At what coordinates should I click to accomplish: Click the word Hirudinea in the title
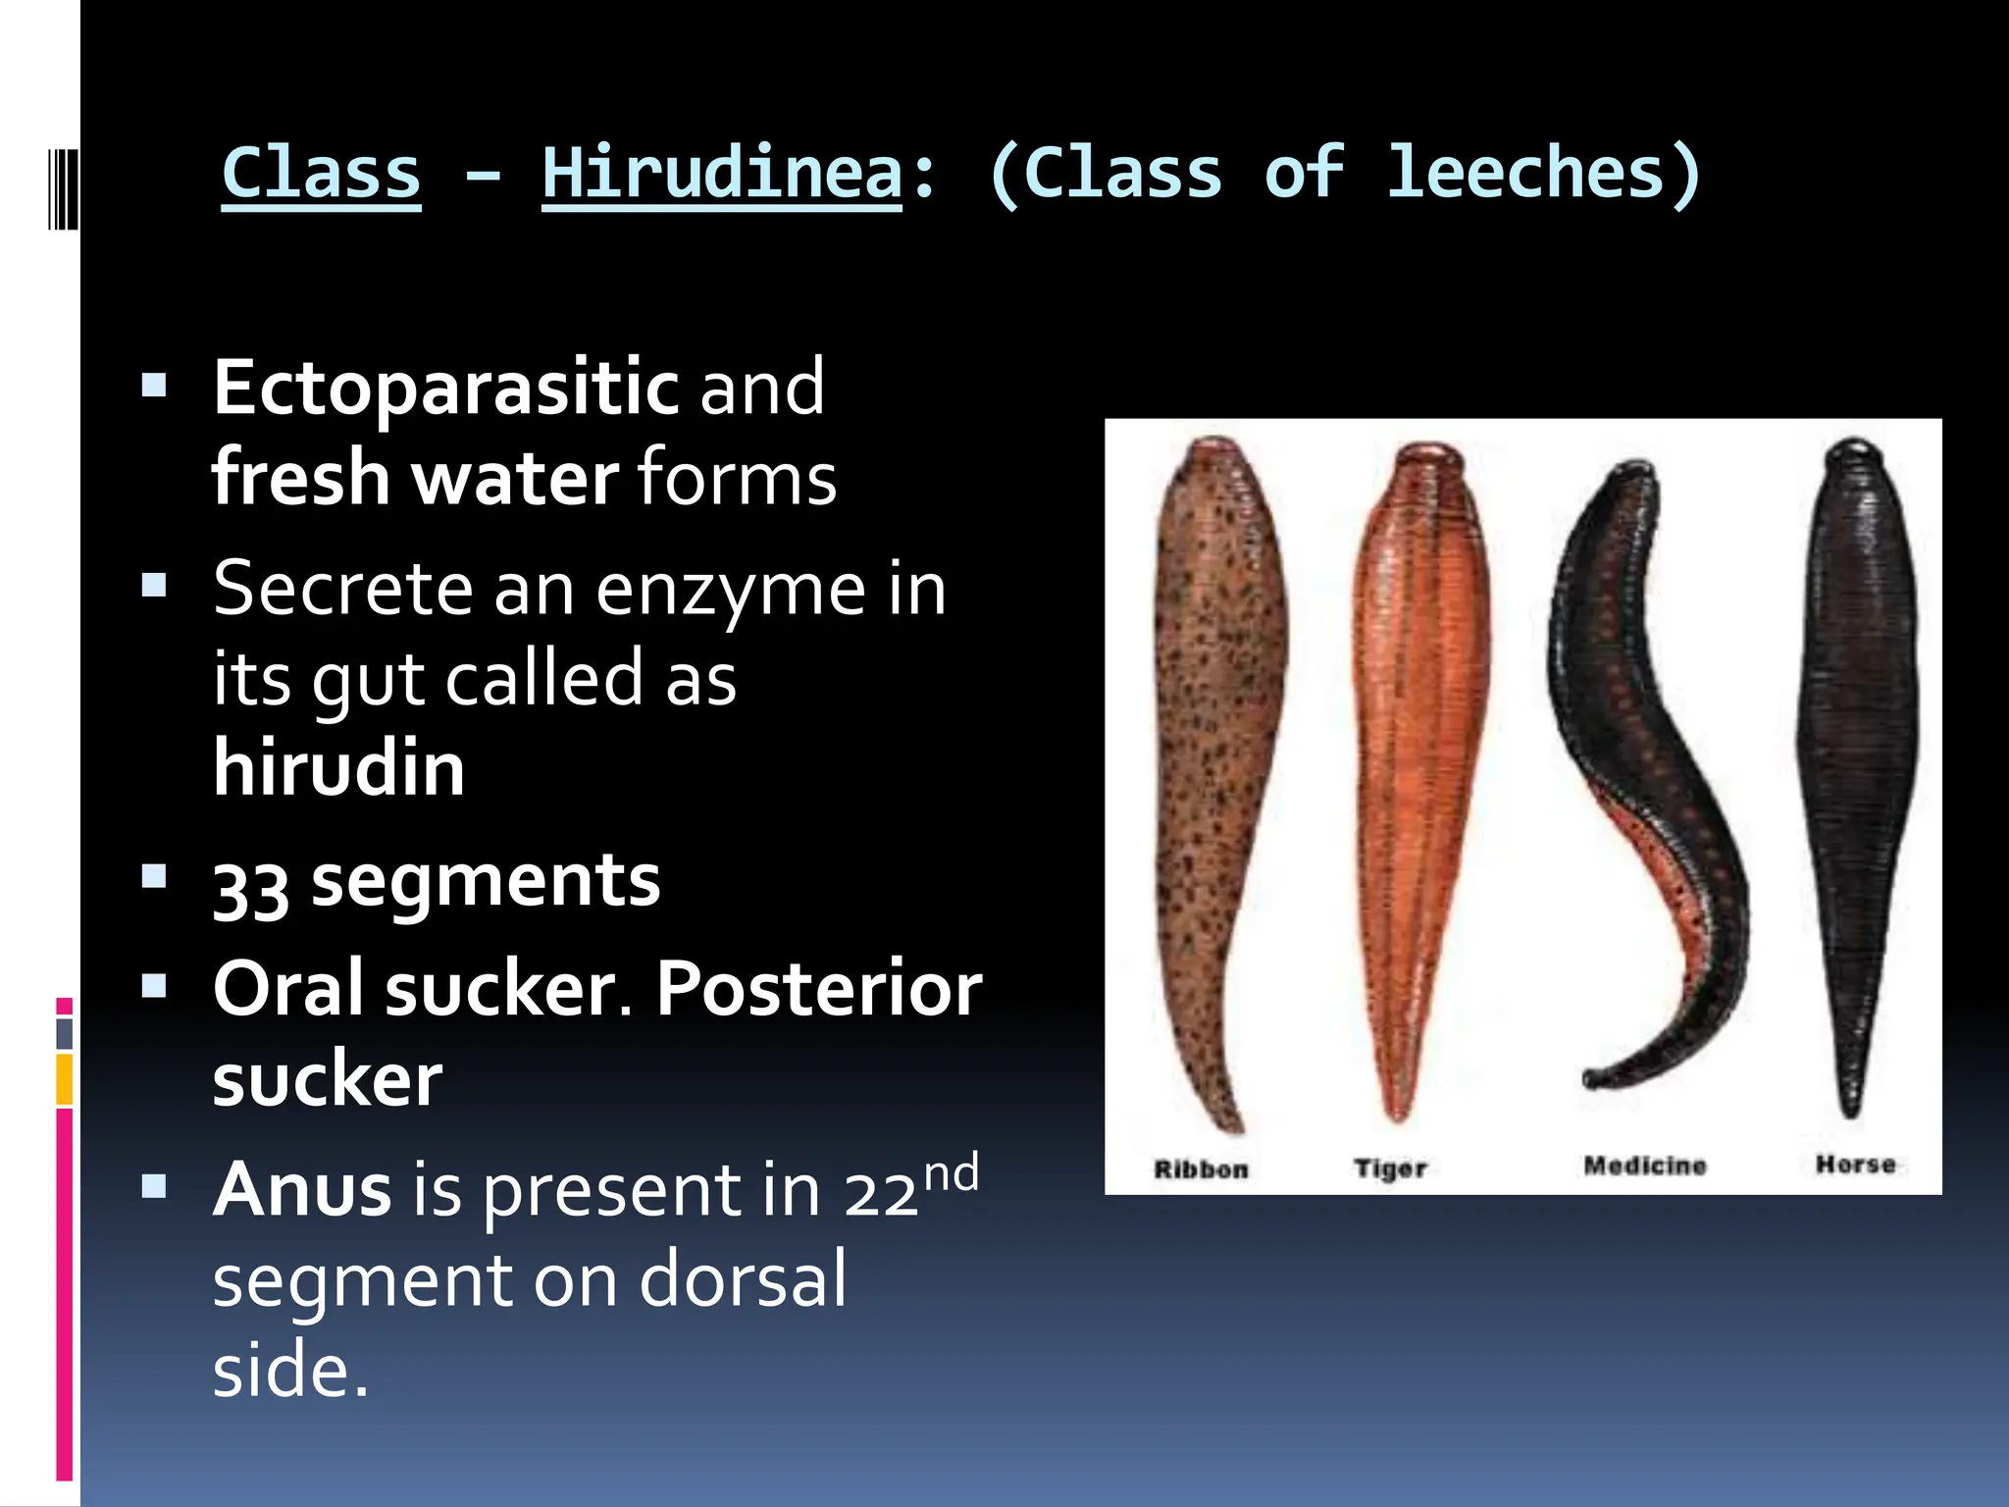(x=721, y=174)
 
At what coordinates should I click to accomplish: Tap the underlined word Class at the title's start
(x=321, y=174)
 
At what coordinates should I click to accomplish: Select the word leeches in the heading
(x=1525, y=174)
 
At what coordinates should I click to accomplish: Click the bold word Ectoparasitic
(x=446, y=389)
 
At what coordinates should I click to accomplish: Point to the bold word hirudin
(x=338, y=768)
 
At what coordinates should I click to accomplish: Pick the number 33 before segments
(x=251, y=887)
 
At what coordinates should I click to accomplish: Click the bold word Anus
(x=302, y=1190)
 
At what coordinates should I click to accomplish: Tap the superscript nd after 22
(x=952, y=1173)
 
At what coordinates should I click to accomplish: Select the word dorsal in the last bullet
(x=743, y=1280)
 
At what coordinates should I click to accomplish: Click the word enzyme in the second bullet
(x=731, y=591)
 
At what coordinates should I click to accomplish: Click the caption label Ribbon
(x=1201, y=1169)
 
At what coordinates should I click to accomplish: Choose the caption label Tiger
(x=1390, y=1169)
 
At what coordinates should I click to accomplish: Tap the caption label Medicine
(x=1645, y=1166)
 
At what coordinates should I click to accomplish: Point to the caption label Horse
(x=1855, y=1165)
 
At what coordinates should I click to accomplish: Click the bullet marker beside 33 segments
(x=154, y=875)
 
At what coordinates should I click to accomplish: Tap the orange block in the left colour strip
(x=65, y=1079)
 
